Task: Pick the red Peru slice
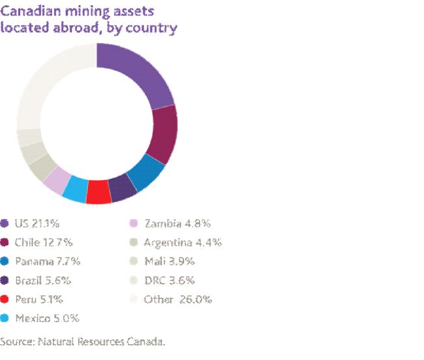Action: (x=98, y=192)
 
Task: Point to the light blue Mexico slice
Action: (x=75, y=188)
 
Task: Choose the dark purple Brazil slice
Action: (x=122, y=188)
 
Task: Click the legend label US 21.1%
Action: (x=37, y=224)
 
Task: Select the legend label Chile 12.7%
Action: (x=43, y=243)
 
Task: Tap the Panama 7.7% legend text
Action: (x=47, y=262)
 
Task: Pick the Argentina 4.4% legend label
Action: (x=183, y=243)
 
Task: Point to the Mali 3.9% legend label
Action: (x=170, y=262)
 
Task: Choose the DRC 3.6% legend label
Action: (x=169, y=280)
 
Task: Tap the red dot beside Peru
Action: (x=5, y=299)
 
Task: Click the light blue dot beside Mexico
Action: (x=5, y=318)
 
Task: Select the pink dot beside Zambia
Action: (x=134, y=224)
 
